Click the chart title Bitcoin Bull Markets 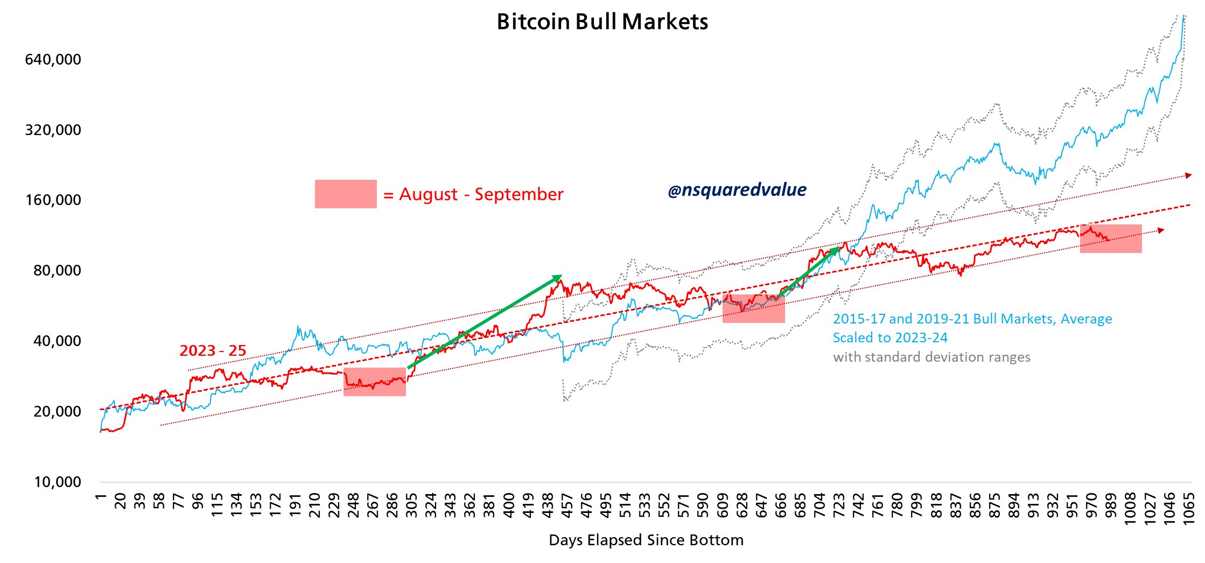click(x=602, y=22)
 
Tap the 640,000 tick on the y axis click(x=53, y=59)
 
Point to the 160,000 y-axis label click(x=53, y=200)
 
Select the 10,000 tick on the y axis click(x=57, y=482)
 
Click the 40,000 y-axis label click(x=57, y=341)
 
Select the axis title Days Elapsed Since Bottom click(x=646, y=540)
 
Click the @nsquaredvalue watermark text click(x=737, y=190)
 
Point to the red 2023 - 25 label click(x=213, y=351)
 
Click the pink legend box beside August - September click(x=346, y=194)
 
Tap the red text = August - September click(x=473, y=194)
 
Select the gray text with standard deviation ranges click(x=931, y=357)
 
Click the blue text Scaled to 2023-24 click(x=890, y=338)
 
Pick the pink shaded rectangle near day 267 click(x=375, y=382)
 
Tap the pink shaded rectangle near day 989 click(x=1111, y=239)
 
